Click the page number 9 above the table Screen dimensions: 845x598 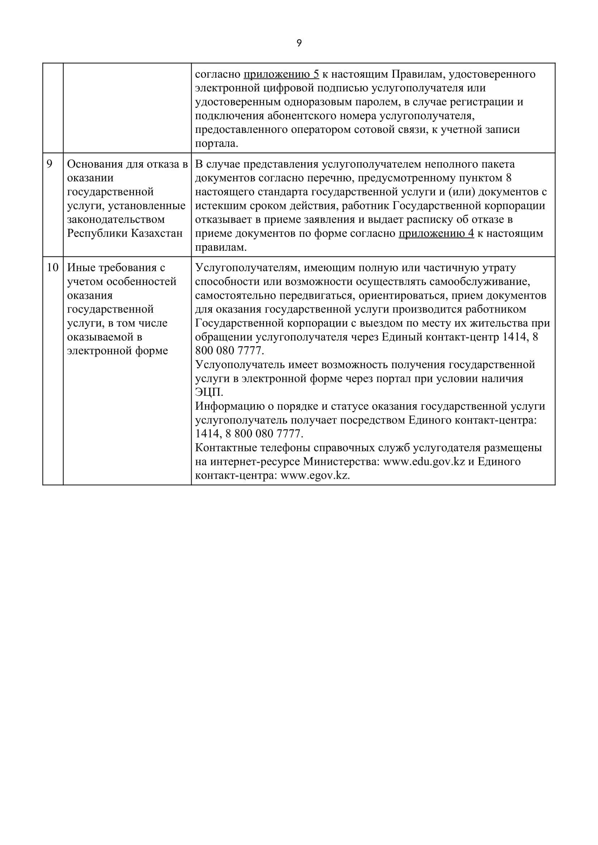coord(299,43)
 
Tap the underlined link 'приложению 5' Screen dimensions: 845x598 coord(281,74)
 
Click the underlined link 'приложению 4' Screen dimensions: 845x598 coord(436,234)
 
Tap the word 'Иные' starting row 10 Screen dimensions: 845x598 coord(79,268)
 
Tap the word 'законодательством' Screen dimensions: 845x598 coord(116,220)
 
